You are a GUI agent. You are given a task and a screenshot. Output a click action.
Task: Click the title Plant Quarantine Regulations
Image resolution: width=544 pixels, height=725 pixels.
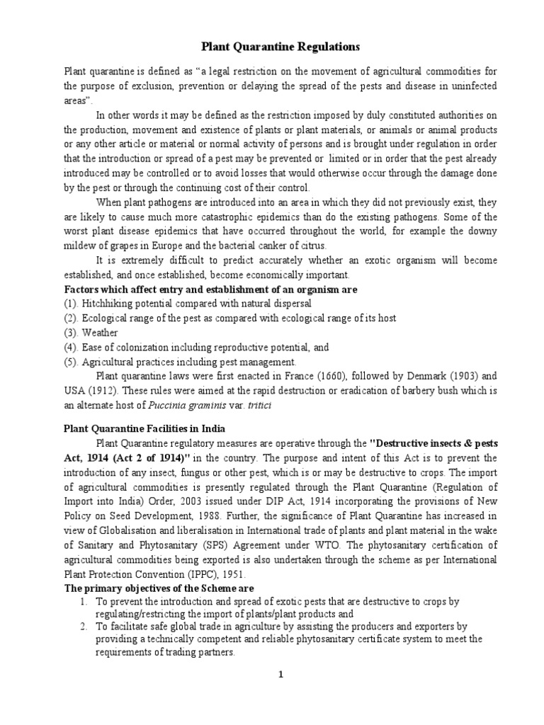coord(271,47)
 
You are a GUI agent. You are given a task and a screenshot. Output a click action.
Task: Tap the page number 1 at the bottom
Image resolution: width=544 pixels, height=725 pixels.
coord(280,675)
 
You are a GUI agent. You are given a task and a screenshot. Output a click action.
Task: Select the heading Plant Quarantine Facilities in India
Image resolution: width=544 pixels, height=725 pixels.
coord(144,428)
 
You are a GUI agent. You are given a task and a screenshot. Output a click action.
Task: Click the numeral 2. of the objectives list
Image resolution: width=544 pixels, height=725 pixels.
coord(82,627)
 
